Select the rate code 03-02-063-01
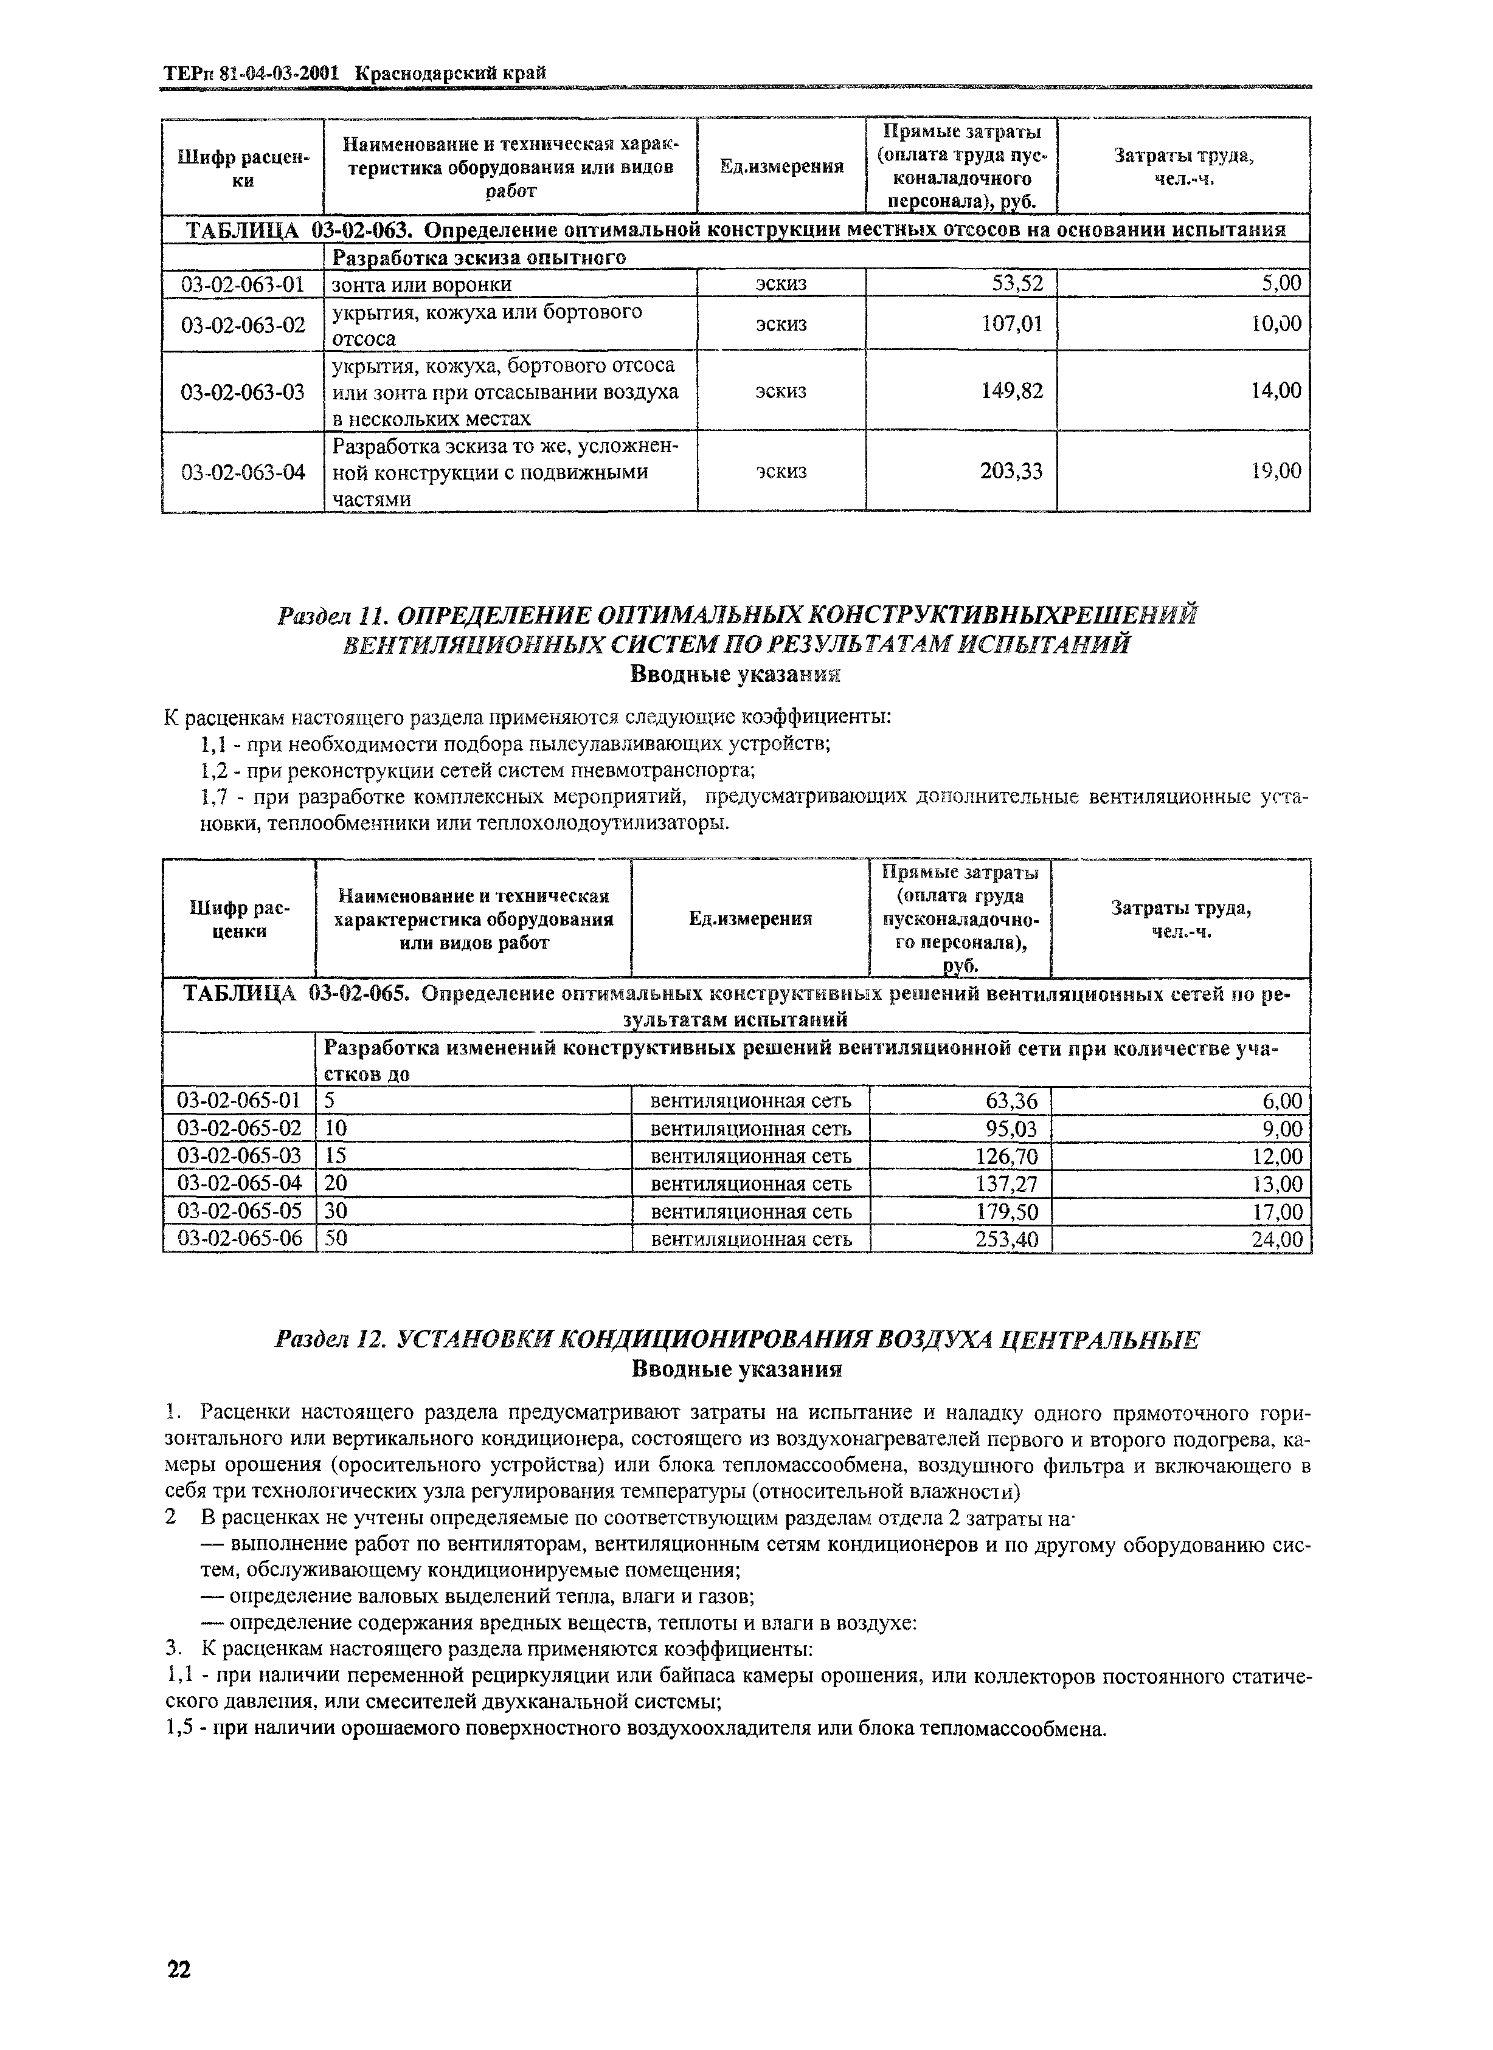click(x=243, y=284)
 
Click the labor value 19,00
click(x=1276, y=471)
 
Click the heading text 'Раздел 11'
click(x=330, y=616)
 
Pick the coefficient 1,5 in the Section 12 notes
click(x=181, y=1729)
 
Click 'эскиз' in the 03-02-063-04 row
click(x=780, y=471)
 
